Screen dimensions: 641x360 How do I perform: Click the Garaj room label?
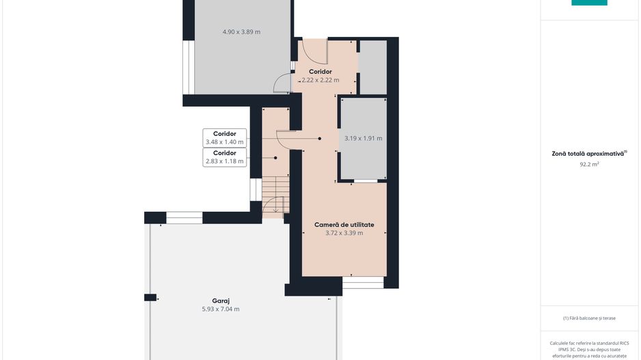point(221,301)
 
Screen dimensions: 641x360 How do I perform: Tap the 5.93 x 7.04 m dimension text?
point(221,309)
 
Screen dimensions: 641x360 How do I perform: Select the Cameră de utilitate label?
point(344,225)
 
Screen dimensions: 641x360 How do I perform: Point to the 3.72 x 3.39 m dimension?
point(344,234)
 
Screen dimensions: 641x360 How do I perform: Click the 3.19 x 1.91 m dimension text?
point(364,139)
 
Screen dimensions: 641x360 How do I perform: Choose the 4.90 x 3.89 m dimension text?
point(242,32)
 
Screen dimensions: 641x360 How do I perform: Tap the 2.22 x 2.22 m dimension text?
point(320,81)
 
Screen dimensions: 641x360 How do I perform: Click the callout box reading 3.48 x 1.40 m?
point(224,138)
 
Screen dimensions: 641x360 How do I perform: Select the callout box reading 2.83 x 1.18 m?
point(224,157)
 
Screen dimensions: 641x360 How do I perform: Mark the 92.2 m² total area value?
point(589,165)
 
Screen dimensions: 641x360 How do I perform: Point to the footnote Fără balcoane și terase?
point(589,318)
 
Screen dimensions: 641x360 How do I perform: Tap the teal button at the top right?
point(589,3)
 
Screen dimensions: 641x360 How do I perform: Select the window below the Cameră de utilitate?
point(363,283)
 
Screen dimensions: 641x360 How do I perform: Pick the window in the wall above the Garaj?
point(185,218)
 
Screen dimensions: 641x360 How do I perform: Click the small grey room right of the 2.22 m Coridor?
point(373,67)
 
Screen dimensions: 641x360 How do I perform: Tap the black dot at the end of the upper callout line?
point(320,139)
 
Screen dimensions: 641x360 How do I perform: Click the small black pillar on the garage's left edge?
point(150,297)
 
